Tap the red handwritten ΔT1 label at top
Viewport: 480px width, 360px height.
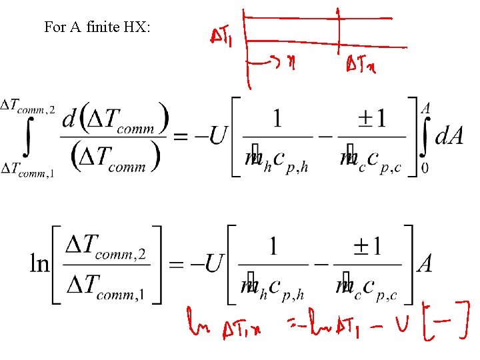pos(221,39)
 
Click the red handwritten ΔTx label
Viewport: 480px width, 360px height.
pos(360,66)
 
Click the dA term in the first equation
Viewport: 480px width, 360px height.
pos(449,136)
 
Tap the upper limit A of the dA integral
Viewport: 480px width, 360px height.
pos(425,107)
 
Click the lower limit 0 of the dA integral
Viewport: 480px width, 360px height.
pos(425,168)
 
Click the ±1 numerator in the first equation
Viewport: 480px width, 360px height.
pos(371,119)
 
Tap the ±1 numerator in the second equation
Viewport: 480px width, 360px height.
pos(366,247)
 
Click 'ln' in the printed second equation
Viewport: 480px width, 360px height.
pos(39,264)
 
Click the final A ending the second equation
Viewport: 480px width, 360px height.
pos(424,264)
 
